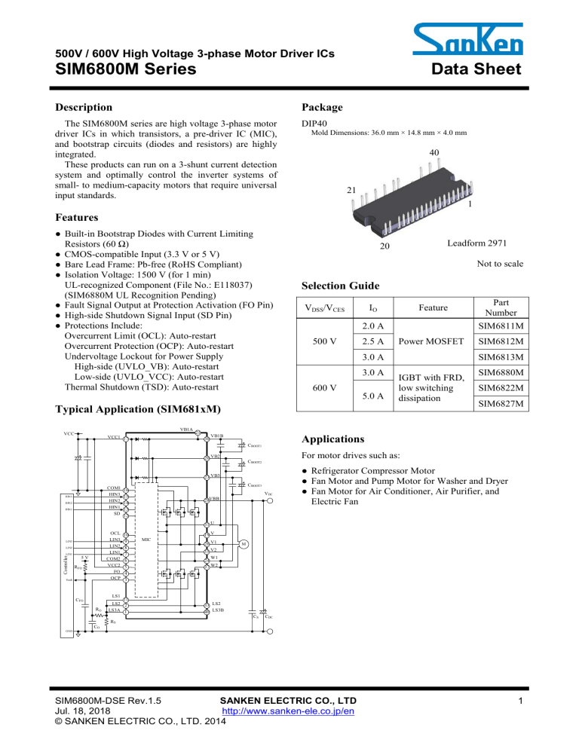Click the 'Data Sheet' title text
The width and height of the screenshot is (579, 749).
[477, 70]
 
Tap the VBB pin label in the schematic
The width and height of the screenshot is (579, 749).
[215, 500]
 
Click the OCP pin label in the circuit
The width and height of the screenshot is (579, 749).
[115, 578]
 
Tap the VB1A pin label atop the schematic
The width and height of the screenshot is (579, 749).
[185, 430]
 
